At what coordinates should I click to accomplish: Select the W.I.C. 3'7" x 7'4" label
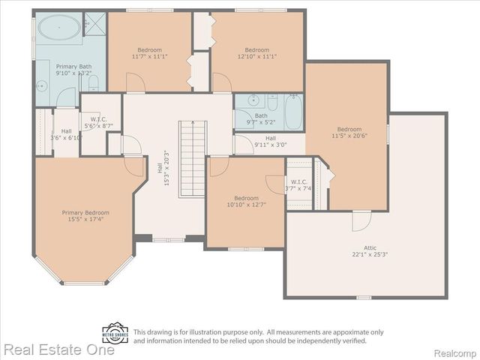(x=299, y=186)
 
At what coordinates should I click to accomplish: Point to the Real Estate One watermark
(x=58, y=349)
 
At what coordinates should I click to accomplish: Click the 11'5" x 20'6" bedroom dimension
(x=349, y=136)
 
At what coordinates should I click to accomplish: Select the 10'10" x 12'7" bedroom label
(x=247, y=202)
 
